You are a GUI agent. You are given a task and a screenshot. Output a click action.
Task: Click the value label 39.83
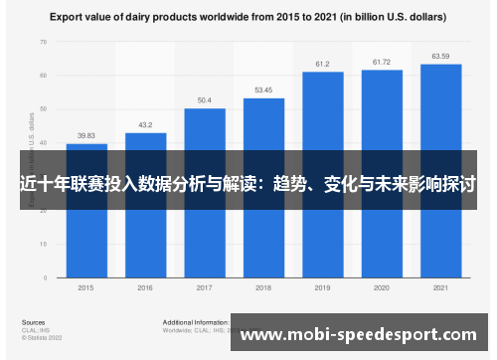click(x=86, y=136)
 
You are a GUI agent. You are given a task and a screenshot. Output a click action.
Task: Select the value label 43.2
click(x=145, y=125)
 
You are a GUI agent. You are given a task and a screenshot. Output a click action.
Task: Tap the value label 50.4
click(x=205, y=100)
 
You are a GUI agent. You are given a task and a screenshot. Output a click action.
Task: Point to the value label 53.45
click(x=263, y=90)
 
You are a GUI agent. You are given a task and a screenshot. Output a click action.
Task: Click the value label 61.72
click(x=382, y=62)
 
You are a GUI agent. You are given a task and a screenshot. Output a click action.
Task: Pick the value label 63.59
click(x=440, y=56)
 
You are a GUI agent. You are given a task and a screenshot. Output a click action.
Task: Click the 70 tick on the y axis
click(x=43, y=42)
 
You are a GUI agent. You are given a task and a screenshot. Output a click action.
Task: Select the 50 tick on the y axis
click(x=43, y=108)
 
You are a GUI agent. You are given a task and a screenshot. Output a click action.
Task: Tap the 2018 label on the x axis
click(x=263, y=288)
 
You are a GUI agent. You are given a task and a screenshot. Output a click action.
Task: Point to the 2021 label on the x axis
click(x=440, y=288)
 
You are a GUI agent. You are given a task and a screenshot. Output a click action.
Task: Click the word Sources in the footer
click(x=33, y=322)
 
